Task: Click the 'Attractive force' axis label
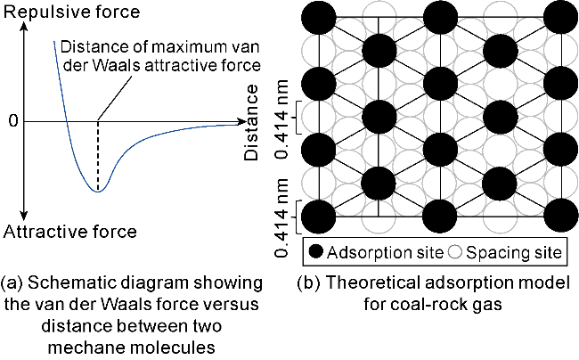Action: pos(70,232)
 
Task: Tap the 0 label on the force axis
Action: pos(12,120)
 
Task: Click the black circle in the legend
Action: pos(318,251)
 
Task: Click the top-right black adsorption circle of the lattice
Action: pos(560,17)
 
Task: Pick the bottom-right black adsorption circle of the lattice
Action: pos(560,217)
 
